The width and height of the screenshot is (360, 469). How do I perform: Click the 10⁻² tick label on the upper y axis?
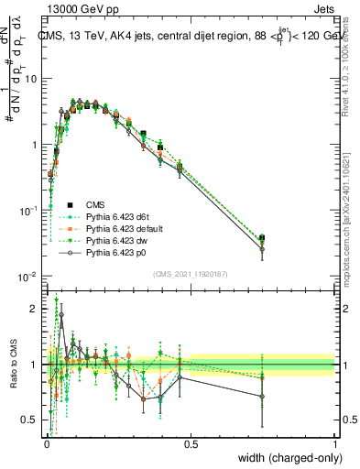tap(28, 277)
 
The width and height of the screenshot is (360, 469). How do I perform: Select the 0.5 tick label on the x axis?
tap(191, 442)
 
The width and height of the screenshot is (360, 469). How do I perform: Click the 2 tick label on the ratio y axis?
tap(34, 309)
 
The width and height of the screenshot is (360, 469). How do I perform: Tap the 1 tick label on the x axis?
tap(334, 442)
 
